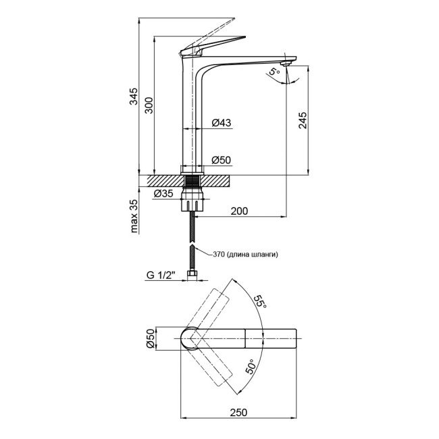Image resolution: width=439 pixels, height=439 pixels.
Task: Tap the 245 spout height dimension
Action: click(x=303, y=120)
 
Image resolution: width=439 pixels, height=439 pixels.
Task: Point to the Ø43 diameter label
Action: click(x=222, y=123)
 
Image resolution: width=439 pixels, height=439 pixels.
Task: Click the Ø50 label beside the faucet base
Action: click(x=222, y=161)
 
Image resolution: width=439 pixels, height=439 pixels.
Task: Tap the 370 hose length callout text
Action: click(x=244, y=255)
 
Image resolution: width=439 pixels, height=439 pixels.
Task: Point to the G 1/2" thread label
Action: click(x=161, y=275)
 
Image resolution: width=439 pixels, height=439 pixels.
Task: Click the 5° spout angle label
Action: click(x=274, y=72)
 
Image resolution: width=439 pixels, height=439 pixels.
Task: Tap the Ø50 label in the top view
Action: click(x=151, y=337)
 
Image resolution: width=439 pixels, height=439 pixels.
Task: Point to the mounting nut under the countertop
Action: click(x=195, y=202)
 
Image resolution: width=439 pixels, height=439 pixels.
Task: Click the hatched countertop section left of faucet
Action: click(x=159, y=182)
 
